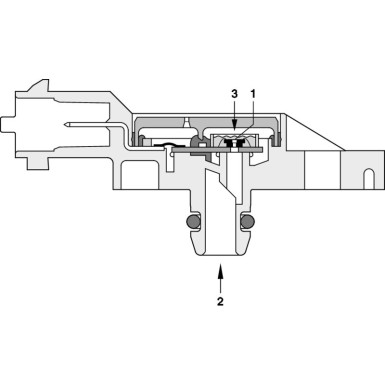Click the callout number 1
(x=254, y=93)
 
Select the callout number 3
(x=233, y=93)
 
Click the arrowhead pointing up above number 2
(x=221, y=267)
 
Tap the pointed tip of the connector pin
(x=61, y=125)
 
